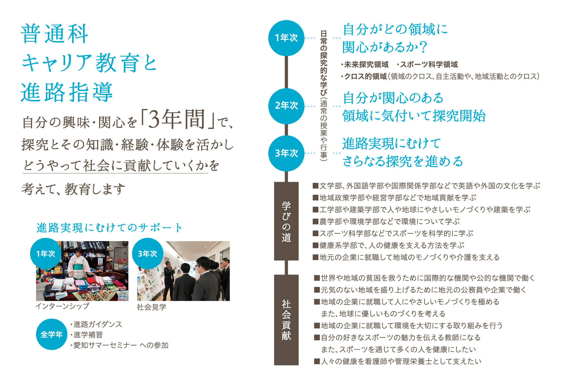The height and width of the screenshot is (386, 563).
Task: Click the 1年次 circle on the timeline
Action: point(286,38)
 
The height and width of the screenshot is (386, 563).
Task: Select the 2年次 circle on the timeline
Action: point(286,106)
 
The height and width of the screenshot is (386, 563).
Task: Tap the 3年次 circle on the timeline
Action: point(286,153)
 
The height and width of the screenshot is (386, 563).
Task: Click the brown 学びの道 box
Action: point(286,221)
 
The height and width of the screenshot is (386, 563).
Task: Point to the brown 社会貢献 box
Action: point(286,320)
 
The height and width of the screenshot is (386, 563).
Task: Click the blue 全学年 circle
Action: point(51,334)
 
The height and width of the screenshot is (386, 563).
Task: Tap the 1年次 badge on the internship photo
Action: point(46,254)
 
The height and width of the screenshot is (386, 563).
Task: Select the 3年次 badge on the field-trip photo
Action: point(147,254)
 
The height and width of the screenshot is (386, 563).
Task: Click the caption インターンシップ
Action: point(62,306)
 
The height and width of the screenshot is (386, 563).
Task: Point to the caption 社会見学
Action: point(151,307)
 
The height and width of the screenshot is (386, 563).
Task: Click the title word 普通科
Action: point(55,34)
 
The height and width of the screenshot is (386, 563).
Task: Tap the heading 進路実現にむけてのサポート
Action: point(109,228)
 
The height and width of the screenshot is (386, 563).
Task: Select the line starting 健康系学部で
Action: point(389,245)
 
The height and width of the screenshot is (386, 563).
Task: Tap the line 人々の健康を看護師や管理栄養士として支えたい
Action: point(398,361)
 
